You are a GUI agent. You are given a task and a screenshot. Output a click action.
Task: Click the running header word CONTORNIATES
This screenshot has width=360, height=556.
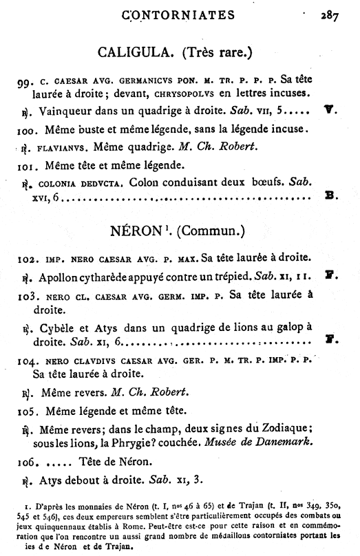(178, 14)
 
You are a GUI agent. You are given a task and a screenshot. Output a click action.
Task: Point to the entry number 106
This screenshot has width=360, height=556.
(28, 462)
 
